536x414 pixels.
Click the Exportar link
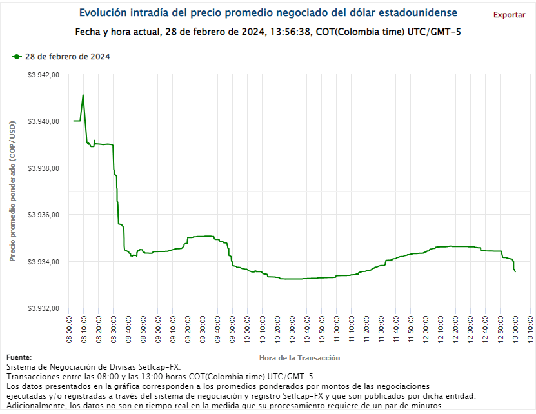coord(509,15)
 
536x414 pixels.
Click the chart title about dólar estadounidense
coord(268,13)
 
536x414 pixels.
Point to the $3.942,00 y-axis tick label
coord(44,75)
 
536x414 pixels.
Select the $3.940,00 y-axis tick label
coord(44,121)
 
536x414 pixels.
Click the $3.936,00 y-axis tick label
coord(44,215)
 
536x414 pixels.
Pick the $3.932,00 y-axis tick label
coord(44,308)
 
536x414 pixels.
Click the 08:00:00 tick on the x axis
coord(69,327)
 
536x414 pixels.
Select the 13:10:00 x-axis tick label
coord(530,327)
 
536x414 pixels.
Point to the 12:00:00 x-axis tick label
coord(426,327)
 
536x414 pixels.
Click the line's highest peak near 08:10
coord(83,95)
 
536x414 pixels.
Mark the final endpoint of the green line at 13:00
coord(515,271)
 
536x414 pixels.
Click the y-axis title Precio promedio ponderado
coord(12,192)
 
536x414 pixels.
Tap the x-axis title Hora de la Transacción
coord(299,357)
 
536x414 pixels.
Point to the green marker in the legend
coord(16,57)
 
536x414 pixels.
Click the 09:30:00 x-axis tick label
coord(203,327)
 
